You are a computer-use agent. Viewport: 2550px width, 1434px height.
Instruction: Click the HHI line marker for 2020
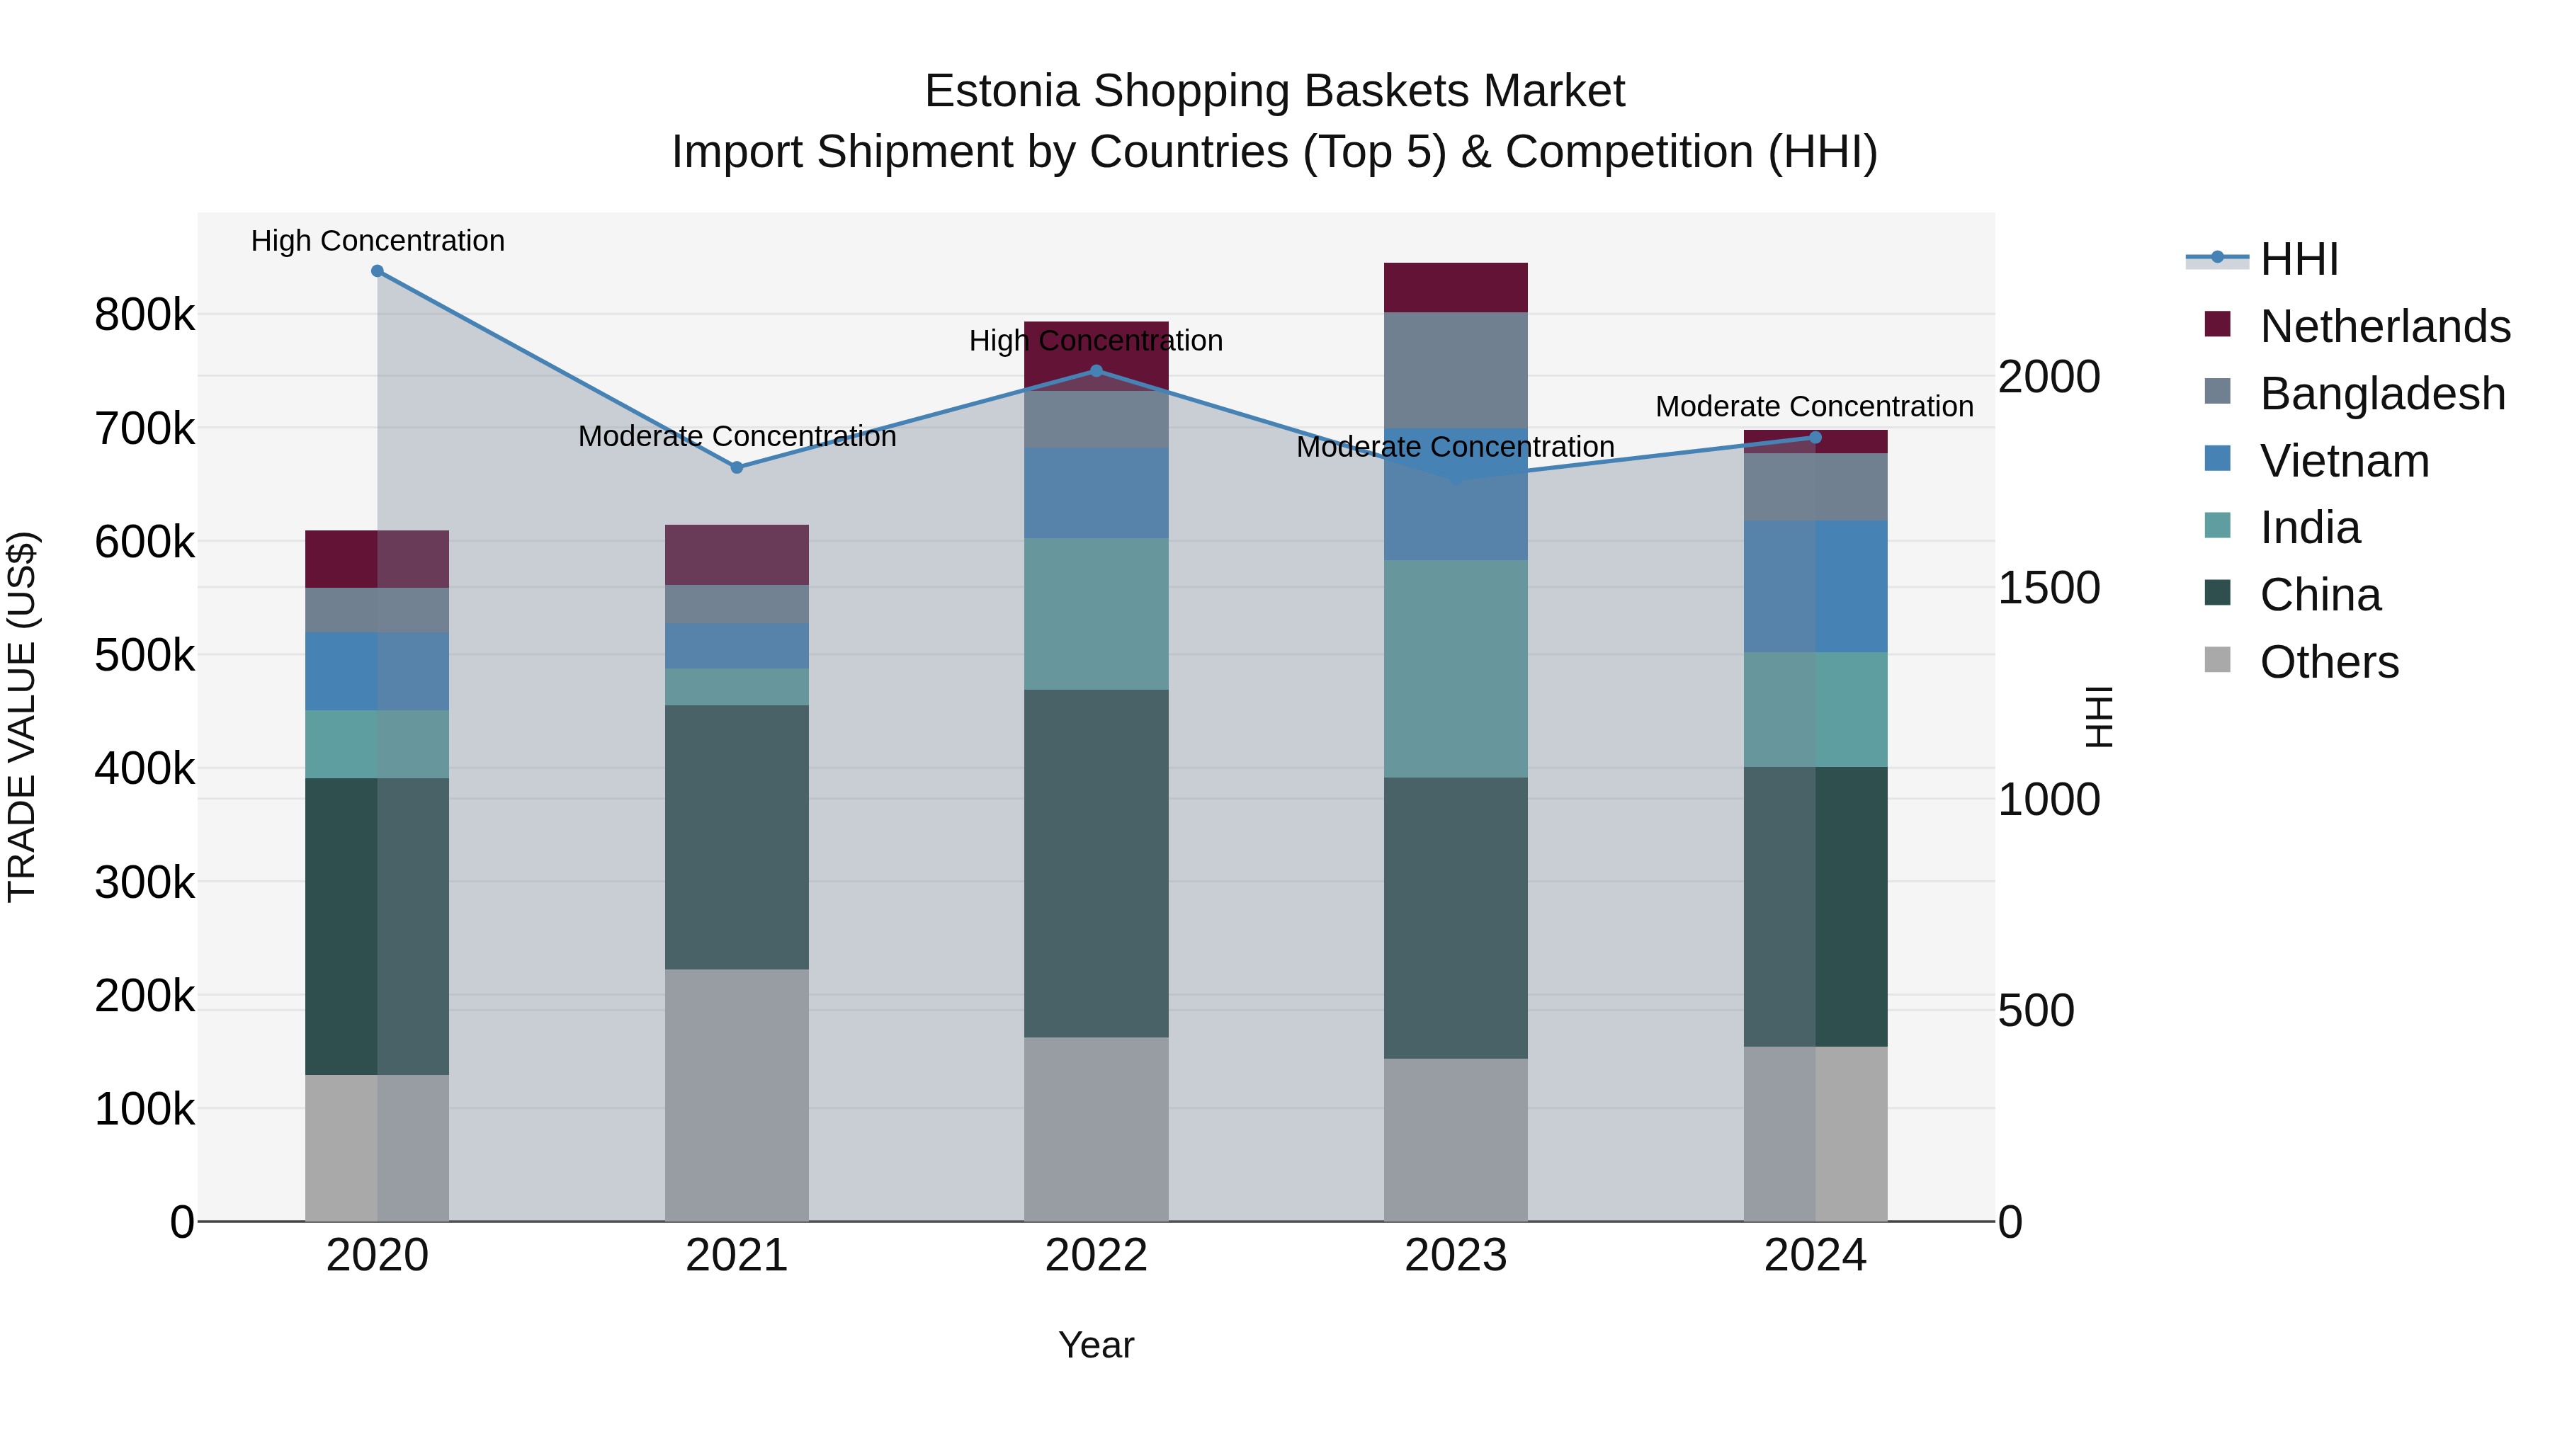tap(377, 271)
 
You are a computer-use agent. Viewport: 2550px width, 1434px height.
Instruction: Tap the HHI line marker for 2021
tap(737, 467)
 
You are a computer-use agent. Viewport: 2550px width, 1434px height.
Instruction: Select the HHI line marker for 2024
tap(1815, 438)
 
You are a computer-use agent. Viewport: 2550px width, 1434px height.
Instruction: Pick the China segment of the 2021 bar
tap(737, 836)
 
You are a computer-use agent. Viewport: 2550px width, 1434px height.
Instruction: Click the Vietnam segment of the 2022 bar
tap(1096, 492)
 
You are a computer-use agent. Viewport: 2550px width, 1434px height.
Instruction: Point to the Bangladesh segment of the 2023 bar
tap(1455, 369)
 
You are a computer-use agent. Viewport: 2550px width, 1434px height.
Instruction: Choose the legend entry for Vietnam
tap(2344, 461)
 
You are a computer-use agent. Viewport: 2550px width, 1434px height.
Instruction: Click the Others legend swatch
tap(2217, 660)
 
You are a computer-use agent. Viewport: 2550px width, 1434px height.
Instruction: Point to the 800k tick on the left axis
tap(144, 316)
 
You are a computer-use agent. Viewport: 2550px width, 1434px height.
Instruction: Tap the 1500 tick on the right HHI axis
tap(2048, 588)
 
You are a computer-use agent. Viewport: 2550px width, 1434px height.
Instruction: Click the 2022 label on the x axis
tap(1096, 1256)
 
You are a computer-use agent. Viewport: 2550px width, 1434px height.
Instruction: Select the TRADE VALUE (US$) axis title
tap(22, 717)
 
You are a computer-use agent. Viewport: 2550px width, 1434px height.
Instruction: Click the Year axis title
tap(1096, 1345)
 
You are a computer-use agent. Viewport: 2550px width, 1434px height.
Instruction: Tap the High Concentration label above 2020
tap(377, 241)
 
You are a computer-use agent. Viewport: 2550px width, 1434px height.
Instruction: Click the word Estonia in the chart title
tap(1001, 91)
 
